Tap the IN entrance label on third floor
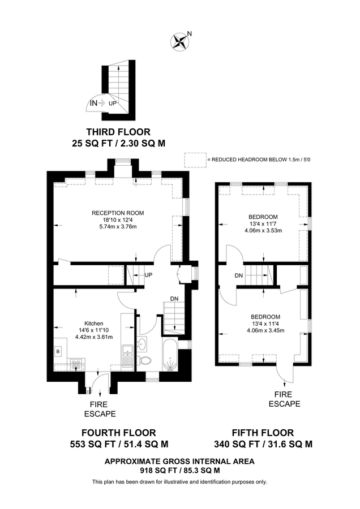pos(93,103)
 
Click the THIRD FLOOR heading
pos(118,132)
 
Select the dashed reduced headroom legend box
pos(195,160)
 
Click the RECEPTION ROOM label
pos(118,213)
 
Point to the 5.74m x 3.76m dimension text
pos(118,227)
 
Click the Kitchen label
pos(87,324)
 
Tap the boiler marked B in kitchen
pos(58,352)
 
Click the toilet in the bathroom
pos(146,360)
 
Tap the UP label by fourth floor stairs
pos(149,275)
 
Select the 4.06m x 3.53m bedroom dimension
pos(263,231)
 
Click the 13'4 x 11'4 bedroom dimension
pos(263,323)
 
